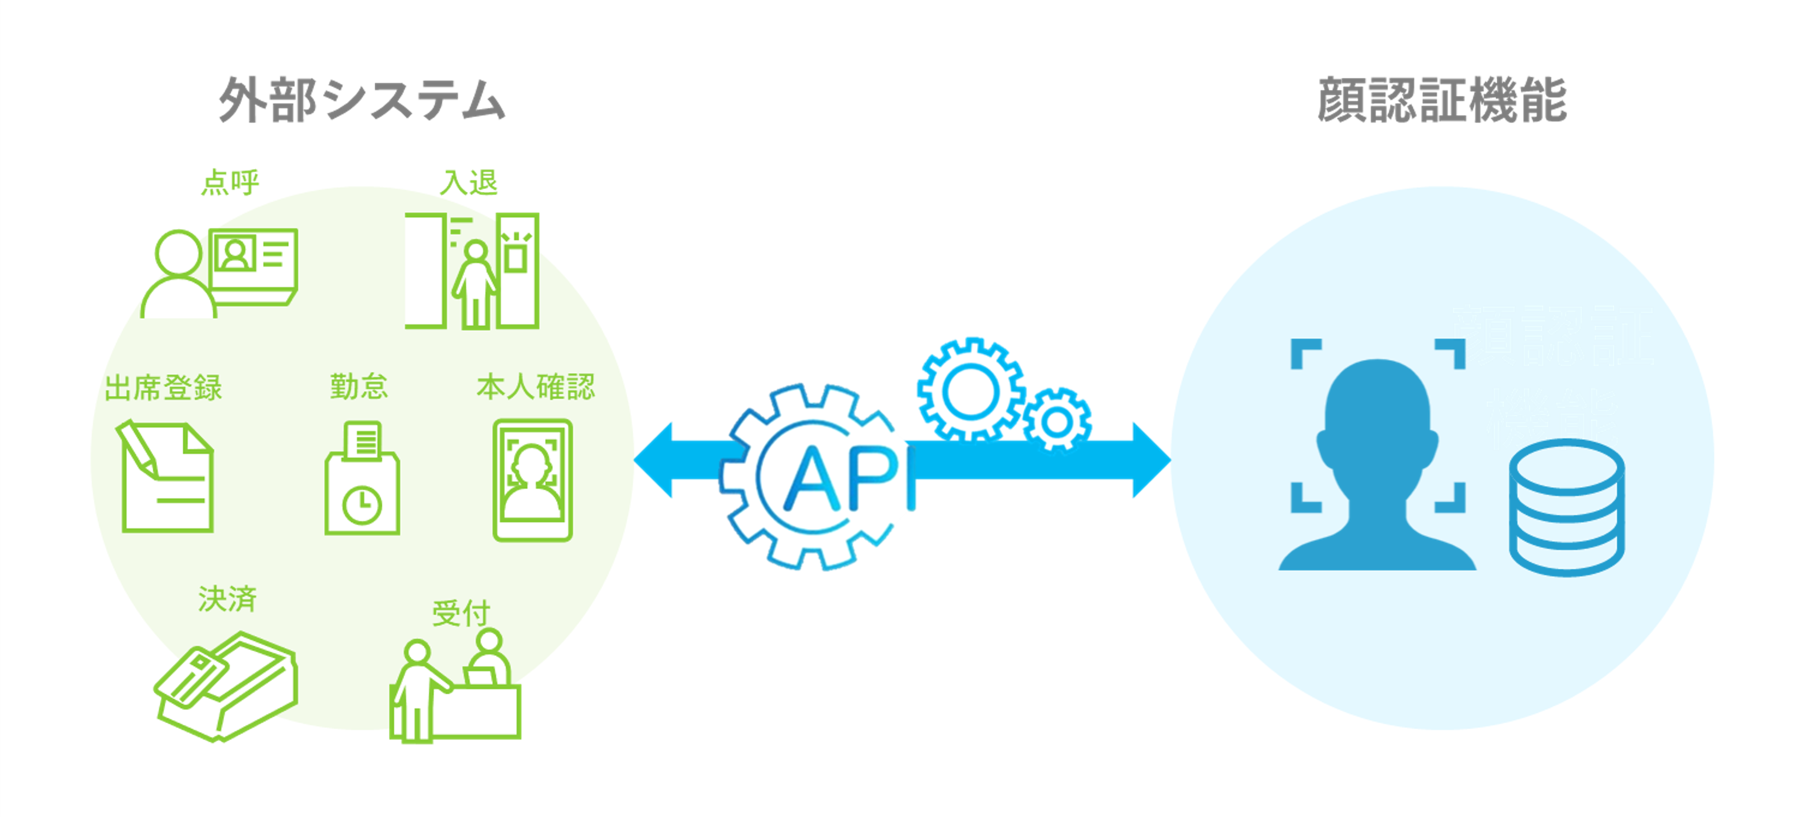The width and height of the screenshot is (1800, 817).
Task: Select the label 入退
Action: click(468, 183)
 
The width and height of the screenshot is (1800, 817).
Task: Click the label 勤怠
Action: click(358, 386)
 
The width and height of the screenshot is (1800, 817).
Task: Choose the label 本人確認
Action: click(535, 386)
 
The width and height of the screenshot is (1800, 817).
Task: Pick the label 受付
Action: click(460, 613)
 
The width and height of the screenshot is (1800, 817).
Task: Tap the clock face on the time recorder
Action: click(362, 505)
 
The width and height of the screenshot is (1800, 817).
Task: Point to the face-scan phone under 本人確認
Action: click(532, 480)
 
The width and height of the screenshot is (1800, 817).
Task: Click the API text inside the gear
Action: click(842, 479)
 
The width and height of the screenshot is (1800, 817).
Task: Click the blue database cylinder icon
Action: click(1567, 508)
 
